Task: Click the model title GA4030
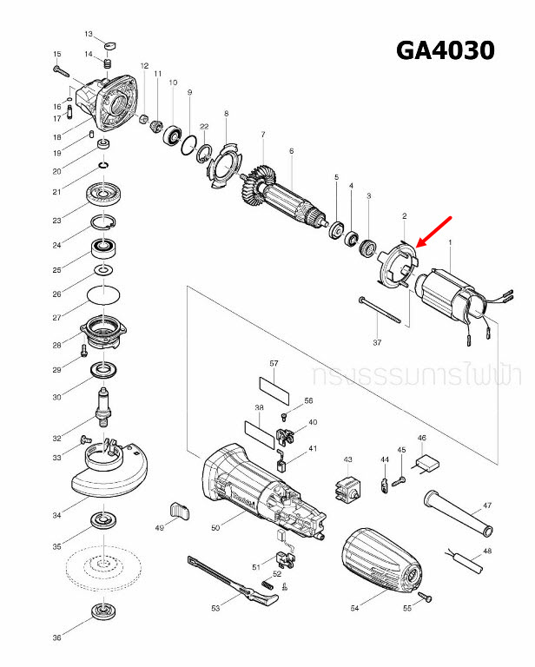[445, 50]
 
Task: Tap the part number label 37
[377, 342]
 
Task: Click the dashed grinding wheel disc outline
[102, 570]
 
